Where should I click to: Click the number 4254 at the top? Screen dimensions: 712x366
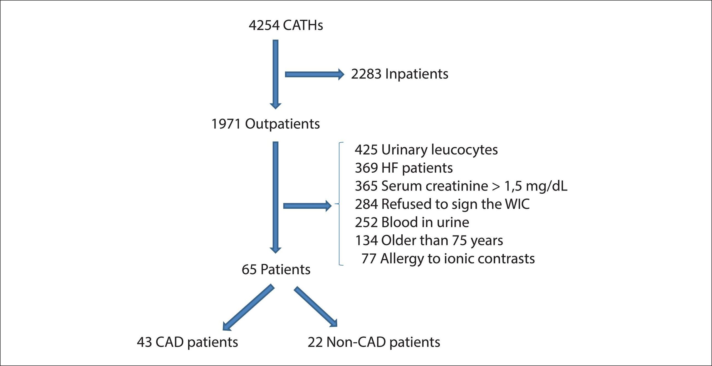pyautogui.click(x=264, y=25)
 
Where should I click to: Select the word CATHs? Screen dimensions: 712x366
pyautogui.click(x=303, y=25)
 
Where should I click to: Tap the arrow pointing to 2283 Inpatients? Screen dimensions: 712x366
pyautogui.click(x=315, y=74)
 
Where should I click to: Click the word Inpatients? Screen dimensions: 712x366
pyautogui.click(x=417, y=74)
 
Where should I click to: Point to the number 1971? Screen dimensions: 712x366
pyautogui.click(x=226, y=124)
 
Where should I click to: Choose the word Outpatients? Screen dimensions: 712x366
pyautogui.click(x=282, y=124)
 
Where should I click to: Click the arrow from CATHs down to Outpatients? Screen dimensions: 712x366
pyautogui.click(x=275, y=74)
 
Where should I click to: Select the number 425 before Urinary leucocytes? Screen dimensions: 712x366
pyautogui.click(x=366, y=150)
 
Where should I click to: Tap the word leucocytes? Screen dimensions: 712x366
pyautogui.click(x=464, y=150)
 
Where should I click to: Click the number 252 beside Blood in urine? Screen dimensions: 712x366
pyautogui.click(x=366, y=222)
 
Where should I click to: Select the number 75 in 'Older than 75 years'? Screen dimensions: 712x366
pyautogui.click(x=459, y=240)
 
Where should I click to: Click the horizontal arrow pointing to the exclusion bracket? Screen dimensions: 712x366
pyautogui.click(x=307, y=206)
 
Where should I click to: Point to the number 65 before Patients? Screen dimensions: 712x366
pyautogui.click(x=249, y=269)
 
